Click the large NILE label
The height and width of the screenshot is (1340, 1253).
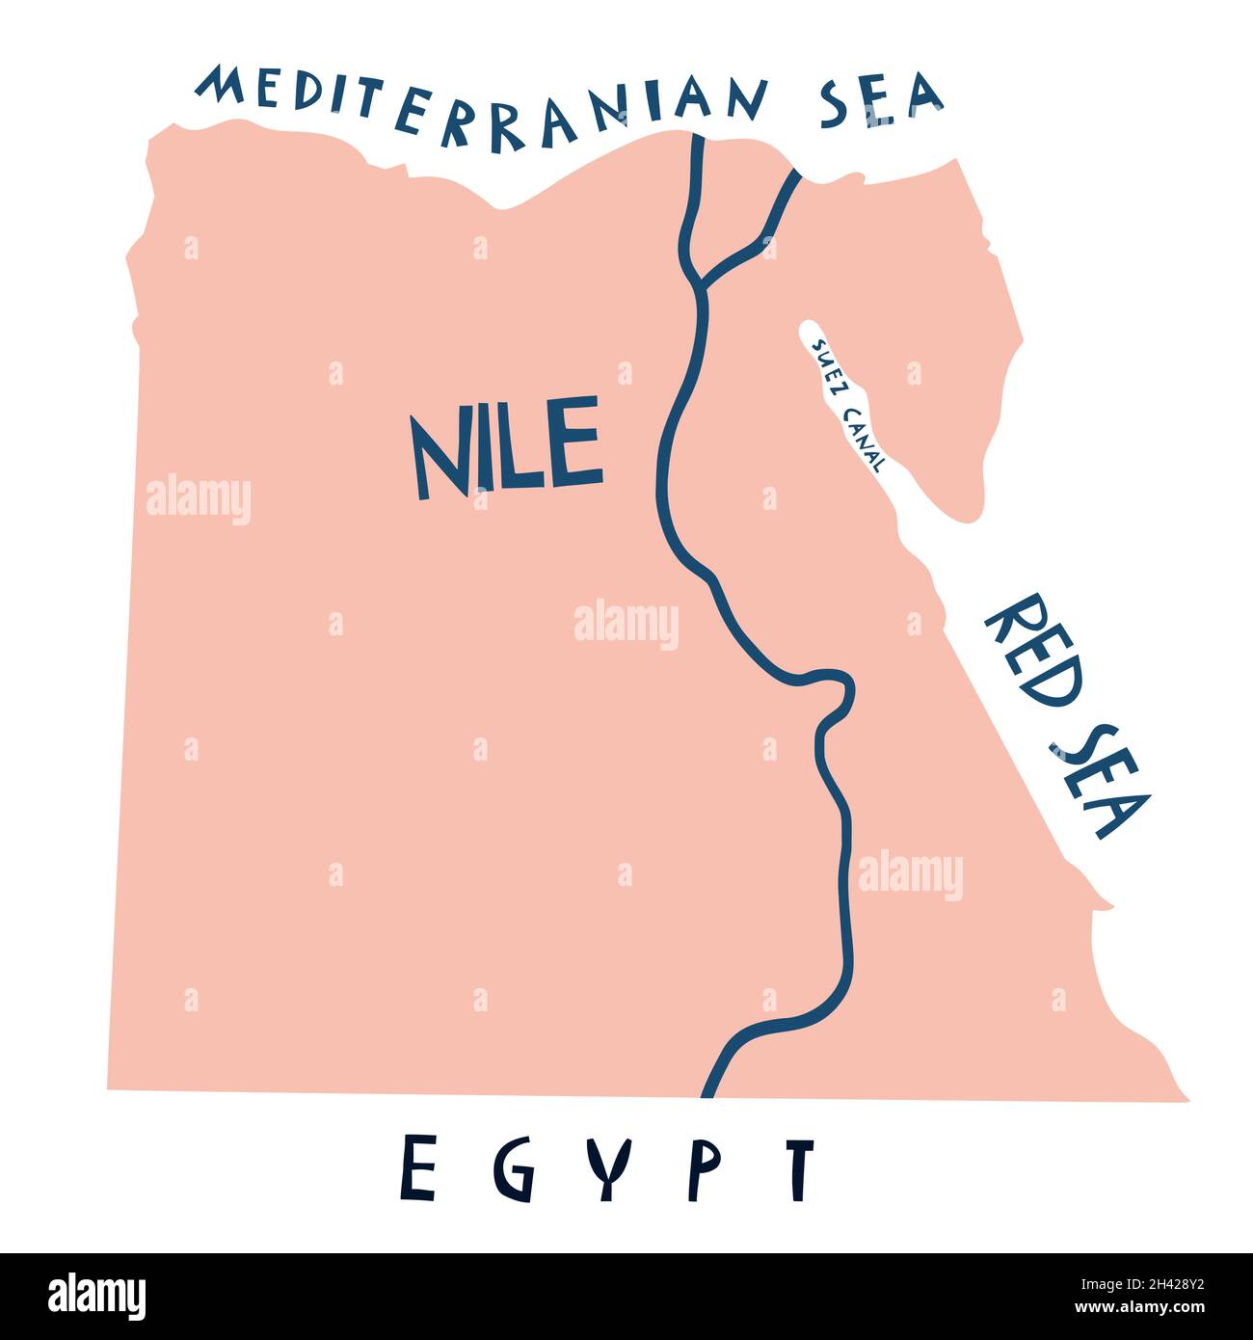(506, 449)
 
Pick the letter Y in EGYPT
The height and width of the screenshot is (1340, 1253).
(609, 1167)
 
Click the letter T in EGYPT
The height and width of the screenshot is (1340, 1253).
(799, 1167)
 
